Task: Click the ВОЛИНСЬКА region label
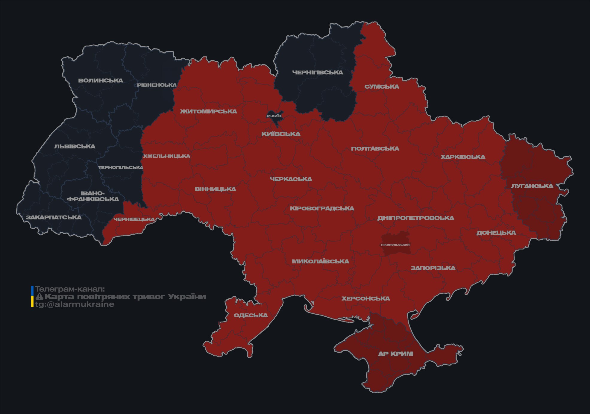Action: coord(101,81)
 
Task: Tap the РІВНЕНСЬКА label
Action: coord(157,85)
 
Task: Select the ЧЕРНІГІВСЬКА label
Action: coord(318,72)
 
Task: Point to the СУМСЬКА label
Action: coord(382,87)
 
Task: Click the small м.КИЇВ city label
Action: coord(274,116)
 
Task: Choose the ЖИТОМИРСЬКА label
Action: coord(208,111)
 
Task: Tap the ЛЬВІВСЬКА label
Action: coord(75,146)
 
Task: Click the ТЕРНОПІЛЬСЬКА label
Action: coord(121,167)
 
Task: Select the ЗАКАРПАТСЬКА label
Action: coord(54,217)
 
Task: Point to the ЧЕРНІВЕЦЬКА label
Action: coord(134,219)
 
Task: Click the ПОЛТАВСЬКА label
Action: coord(375,149)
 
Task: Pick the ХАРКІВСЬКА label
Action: coord(463,157)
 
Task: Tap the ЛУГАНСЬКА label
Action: coord(532,186)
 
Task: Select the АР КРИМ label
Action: coord(395,354)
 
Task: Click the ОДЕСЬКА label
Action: coord(251,316)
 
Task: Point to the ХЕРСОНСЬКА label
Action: coord(366,299)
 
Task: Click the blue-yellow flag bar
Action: coord(32,297)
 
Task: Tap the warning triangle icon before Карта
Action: coord(40,297)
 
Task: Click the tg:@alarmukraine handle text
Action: coord(75,304)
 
